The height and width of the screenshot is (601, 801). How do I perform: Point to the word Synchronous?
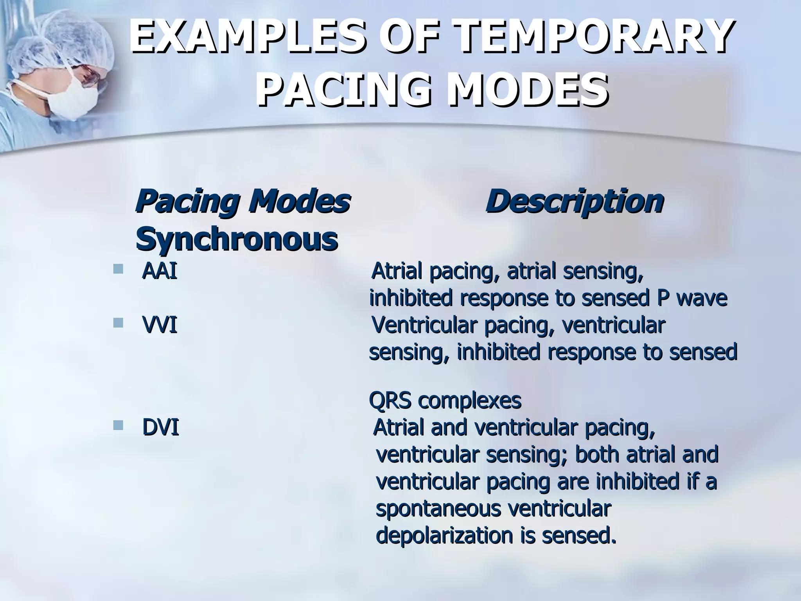click(x=237, y=239)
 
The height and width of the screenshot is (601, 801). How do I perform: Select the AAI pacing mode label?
click(x=159, y=271)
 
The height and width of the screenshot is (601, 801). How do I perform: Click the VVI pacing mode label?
click(x=160, y=325)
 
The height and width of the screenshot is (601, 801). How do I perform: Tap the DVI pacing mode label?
click(x=160, y=427)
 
